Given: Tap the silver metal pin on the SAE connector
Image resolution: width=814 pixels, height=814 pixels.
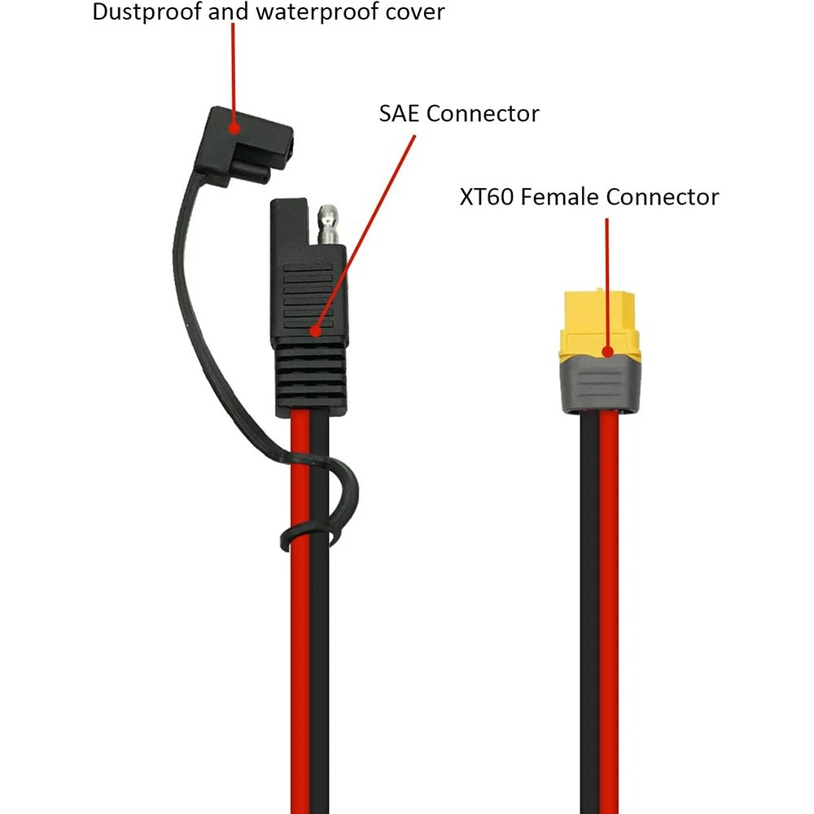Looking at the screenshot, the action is click(x=330, y=224).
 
